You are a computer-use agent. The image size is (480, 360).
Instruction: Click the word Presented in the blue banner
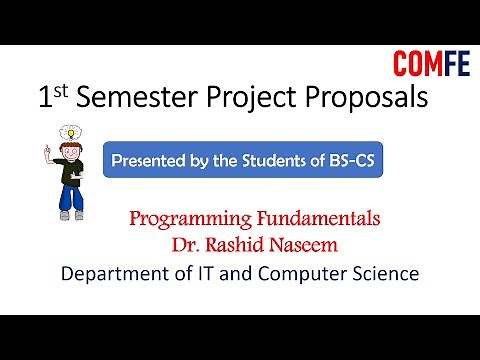[151, 159]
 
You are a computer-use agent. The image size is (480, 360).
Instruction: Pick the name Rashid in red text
[246, 243]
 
